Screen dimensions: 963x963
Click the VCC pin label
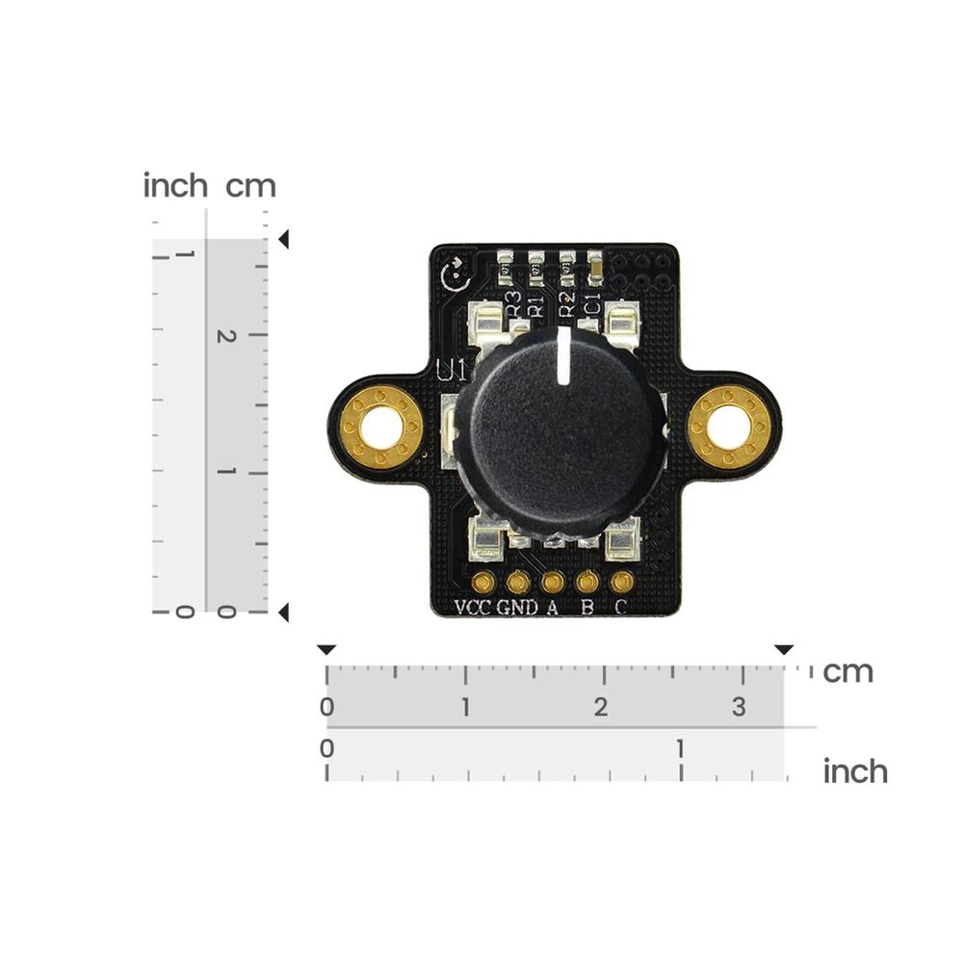click(473, 607)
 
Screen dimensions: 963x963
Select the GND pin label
click(517, 607)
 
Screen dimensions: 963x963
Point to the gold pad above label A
click(553, 582)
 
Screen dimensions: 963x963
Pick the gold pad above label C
click(622, 582)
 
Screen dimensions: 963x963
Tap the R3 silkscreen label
click(512, 303)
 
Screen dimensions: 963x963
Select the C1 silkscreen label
click(593, 303)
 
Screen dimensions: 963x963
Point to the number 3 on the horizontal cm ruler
click(739, 707)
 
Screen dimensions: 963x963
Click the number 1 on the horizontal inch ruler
click(681, 748)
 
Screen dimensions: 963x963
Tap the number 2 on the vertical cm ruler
click(226, 336)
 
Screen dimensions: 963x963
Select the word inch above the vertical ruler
click(175, 185)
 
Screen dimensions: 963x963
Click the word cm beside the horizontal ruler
click(847, 671)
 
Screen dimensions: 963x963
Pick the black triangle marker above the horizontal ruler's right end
click(785, 650)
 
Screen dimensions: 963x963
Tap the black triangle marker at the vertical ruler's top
click(283, 239)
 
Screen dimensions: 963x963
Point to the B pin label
click(586, 607)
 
